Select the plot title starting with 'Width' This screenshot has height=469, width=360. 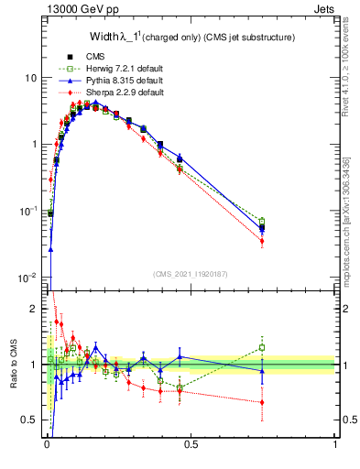pos(191,37)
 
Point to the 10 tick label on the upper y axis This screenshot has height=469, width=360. pos(29,78)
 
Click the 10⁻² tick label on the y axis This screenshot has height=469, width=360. pos(27,278)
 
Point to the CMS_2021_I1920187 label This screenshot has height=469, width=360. pos(191,274)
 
